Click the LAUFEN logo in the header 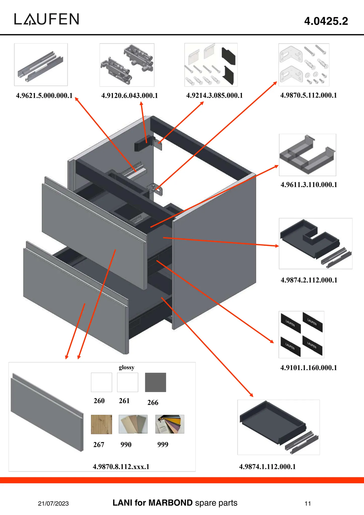[x=47, y=19]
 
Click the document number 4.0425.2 [x=326, y=21]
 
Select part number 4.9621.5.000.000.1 [x=44, y=96]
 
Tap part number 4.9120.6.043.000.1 [x=129, y=96]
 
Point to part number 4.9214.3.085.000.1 [x=214, y=96]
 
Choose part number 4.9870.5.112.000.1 [x=308, y=95]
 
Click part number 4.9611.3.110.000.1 [x=309, y=185]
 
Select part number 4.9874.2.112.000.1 [x=309, y=280]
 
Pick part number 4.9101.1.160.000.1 [x=308, y=368]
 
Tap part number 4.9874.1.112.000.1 [x=267, y=467]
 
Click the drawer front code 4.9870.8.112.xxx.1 [x=121, y=467]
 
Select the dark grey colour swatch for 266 [x=155, y=382]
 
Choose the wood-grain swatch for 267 [x=101, y=424]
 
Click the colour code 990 [x=126, y=445]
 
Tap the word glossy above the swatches [x=126, y=367]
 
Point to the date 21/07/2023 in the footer [x=53, y=503]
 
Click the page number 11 [x=308, y=503]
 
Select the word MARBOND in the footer [x=170, y=503]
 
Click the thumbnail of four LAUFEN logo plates [x=301, y=334]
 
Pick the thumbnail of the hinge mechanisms [x=127, y=65]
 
